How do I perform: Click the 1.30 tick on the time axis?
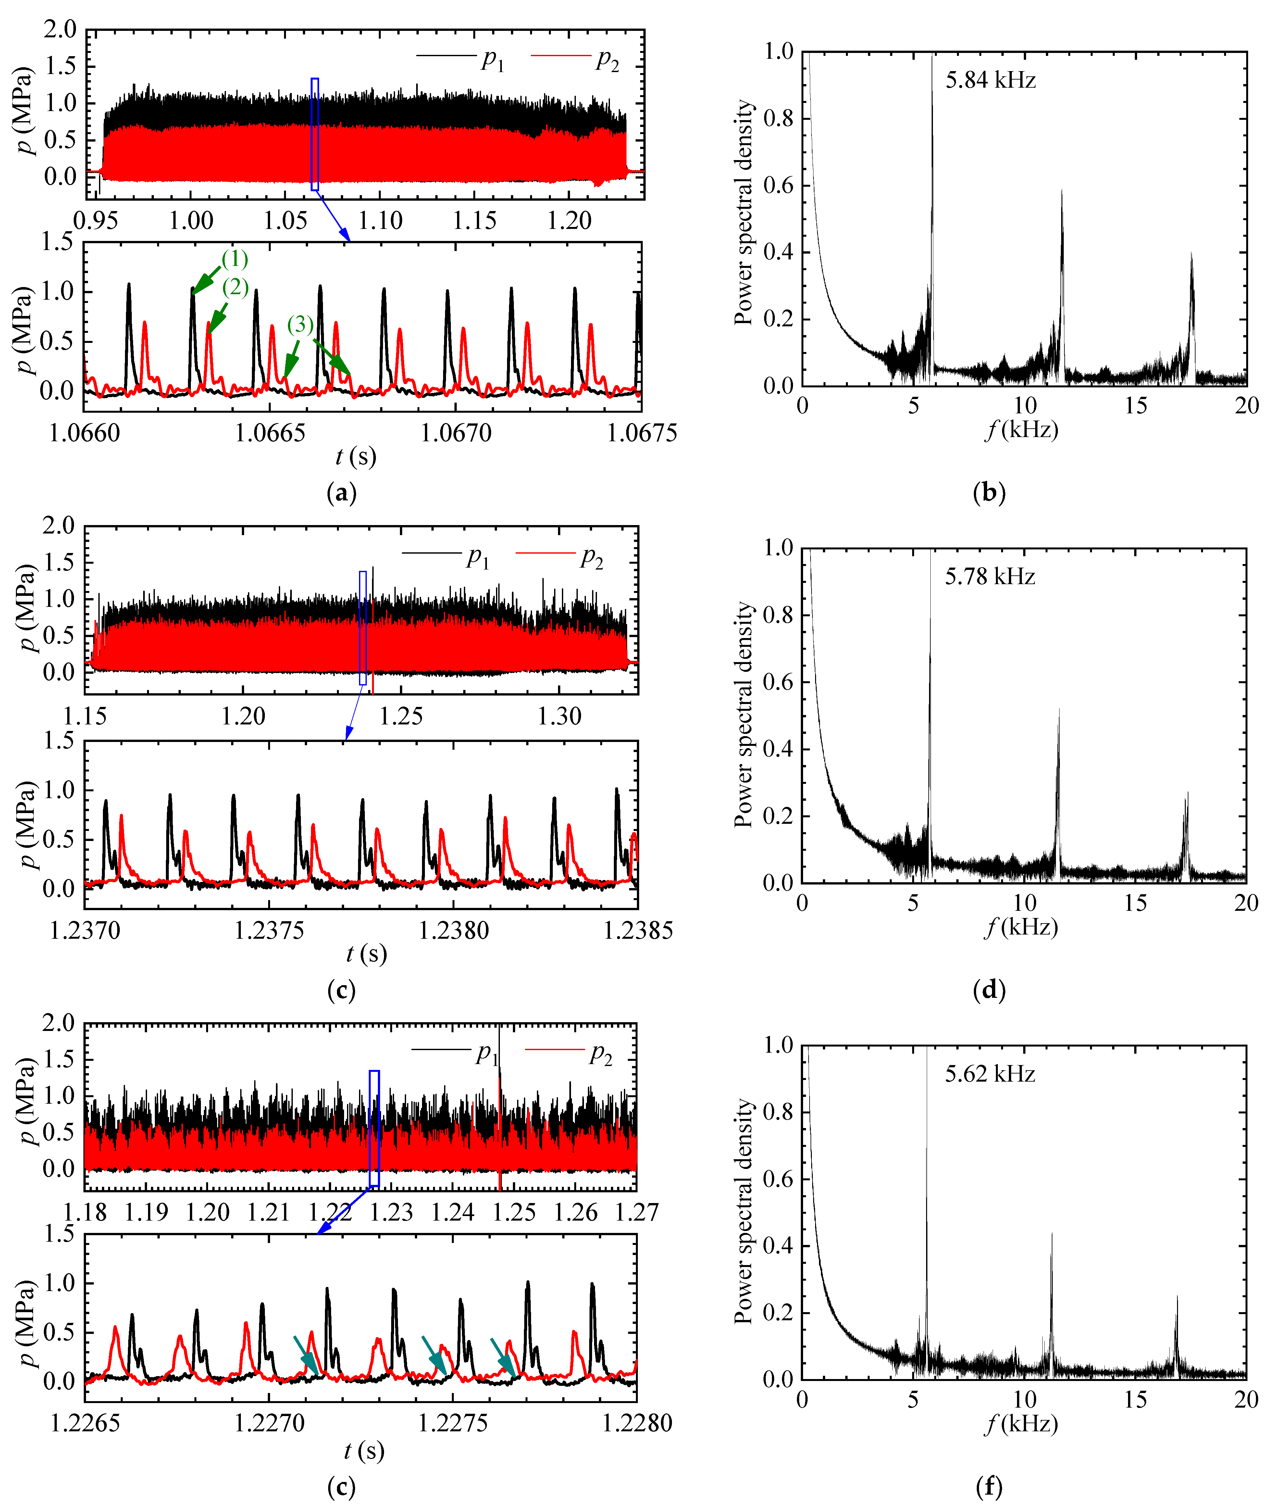coord(559,716)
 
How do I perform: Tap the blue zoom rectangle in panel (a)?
coord(315,135)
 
